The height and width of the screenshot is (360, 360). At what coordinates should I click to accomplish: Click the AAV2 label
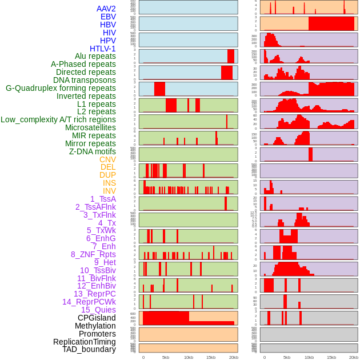pyautogui.click(x=106, y=9)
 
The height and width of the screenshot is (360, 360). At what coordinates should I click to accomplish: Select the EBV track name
pyautogui.click(x=107, y=17)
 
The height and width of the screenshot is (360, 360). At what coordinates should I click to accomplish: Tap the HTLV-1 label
pyautogui.click(x=102, y=49)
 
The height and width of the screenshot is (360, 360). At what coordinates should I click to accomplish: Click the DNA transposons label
pyautogui.click(x=85, y=80)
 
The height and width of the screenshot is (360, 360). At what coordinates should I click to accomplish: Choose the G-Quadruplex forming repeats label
pyautogui.click(x=61, y=88)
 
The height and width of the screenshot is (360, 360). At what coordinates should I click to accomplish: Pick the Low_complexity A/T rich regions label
pyautogui.click(x=58, y=119)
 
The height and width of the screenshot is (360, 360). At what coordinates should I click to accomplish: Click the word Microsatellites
pyautogui.click(x=90, y=127)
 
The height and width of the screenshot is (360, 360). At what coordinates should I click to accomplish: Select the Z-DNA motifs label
pyautogui.click(x=92, y=151)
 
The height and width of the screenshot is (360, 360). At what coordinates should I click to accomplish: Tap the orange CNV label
pyautogui.click(x=107, y=159)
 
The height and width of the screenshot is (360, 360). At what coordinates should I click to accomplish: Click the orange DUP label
pyautogui.click(x=107, y=175)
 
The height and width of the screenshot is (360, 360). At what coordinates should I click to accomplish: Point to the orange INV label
pyautogui.click(x=109, y=191)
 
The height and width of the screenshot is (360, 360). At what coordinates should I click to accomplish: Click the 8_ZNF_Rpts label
pyautogui.click(x=93, y=254)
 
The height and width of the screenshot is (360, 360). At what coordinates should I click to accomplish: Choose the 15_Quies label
pyautogui.click(x=98, y=310)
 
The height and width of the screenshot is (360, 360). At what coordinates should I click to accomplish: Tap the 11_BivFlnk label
pyautogui.click(x=96, y=278)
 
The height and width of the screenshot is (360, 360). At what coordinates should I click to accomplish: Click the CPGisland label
pyautogui.click(x=97, y=318)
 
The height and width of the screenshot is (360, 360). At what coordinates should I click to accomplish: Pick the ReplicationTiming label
pyautogui.click(x=84, y=342)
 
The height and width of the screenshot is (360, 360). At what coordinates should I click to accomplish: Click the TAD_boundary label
pyautogui.click(x=89, y=349)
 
